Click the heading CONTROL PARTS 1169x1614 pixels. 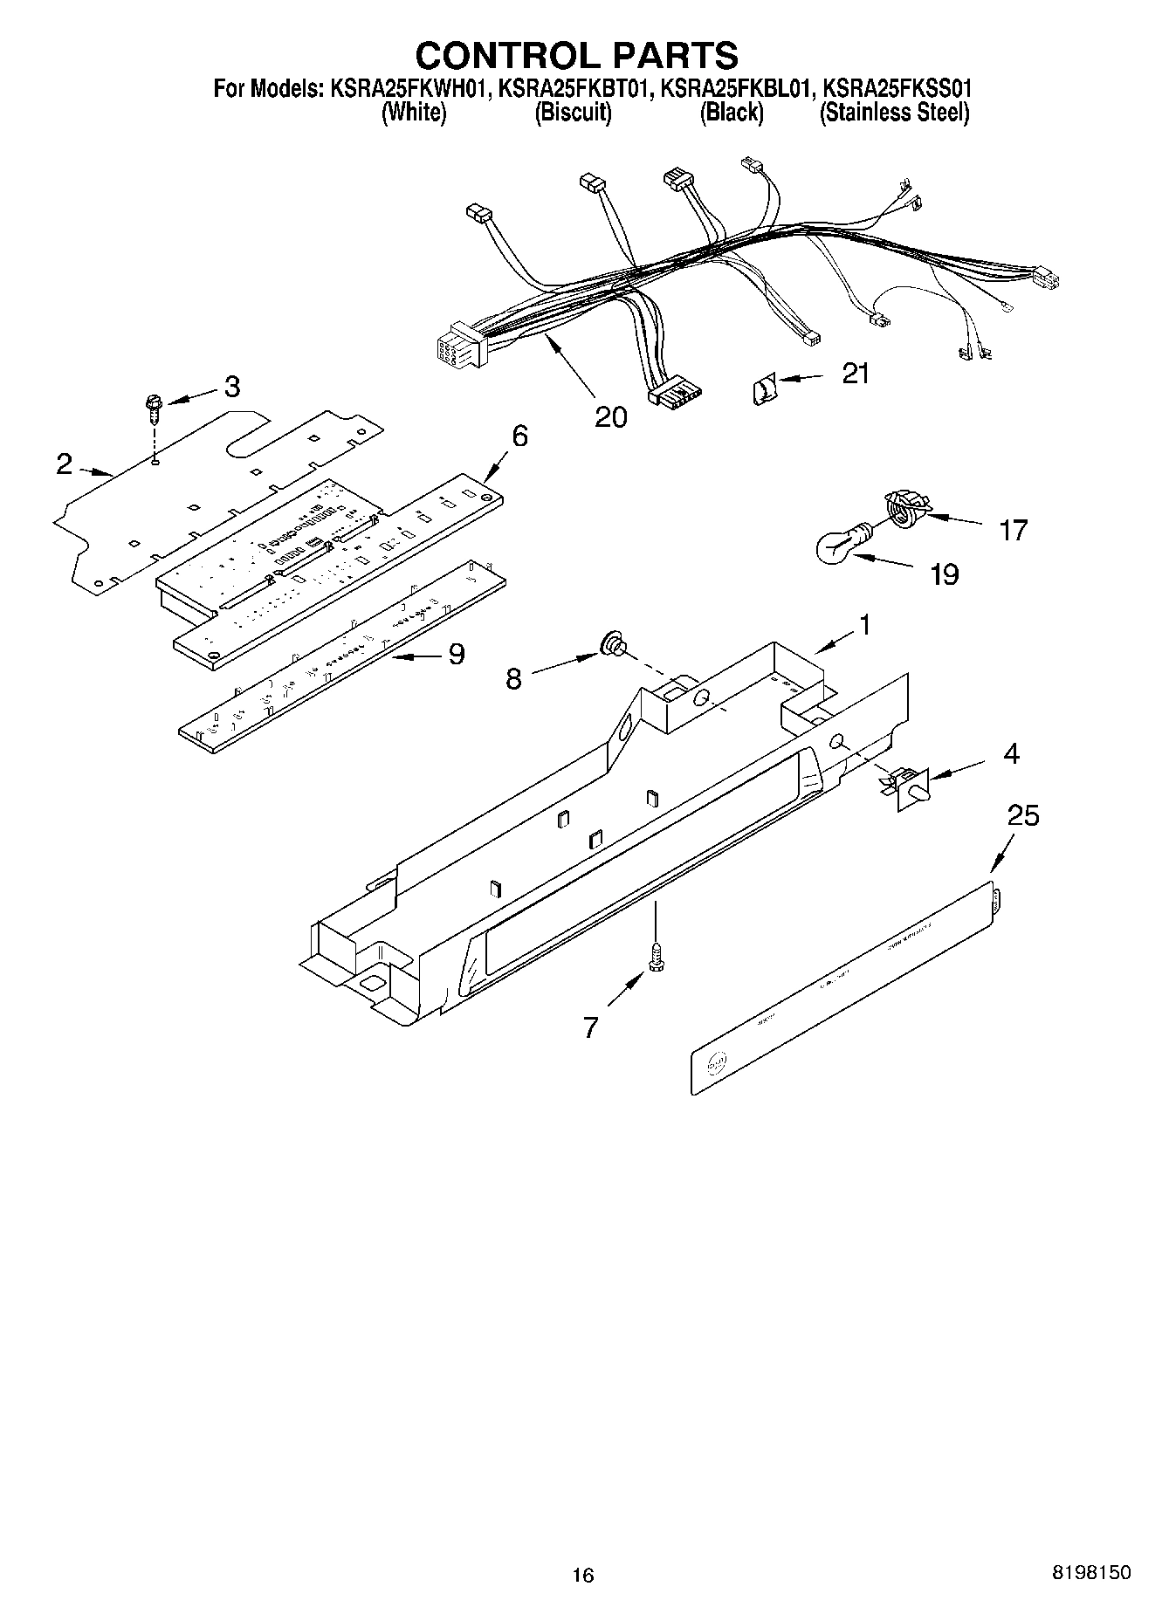[576, 55]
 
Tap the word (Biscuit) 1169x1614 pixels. [573, 113]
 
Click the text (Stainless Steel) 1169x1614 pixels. [894, 113]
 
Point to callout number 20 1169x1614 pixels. [610, 417]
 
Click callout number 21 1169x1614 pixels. [856, 374]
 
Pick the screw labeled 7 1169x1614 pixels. [654, 958]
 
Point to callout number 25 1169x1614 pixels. [1023, 816]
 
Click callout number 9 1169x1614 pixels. [456, 654]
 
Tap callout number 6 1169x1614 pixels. [519, 436]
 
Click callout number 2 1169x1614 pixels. [64, 464]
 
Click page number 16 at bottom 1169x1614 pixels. [582, 1575]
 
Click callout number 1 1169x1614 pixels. [863, 625]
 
